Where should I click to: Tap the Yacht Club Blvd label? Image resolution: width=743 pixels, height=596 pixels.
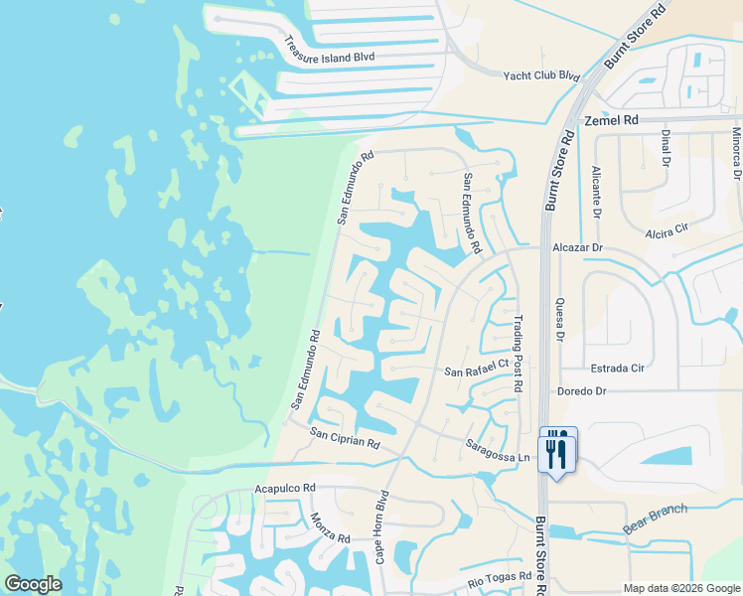click(x=541, y=75)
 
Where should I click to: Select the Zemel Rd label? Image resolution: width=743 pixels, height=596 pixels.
click(x=610, y=119)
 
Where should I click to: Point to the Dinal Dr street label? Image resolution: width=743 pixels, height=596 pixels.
click(x=694, y=146)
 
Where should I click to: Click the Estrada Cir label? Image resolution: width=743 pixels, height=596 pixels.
click(x=618, y=368)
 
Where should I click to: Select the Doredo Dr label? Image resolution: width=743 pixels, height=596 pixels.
click(x=582, y=391)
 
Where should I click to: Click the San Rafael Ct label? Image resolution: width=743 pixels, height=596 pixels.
click(x=476, y=372)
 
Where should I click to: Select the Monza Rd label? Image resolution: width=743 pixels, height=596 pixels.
click(x=330, y=525)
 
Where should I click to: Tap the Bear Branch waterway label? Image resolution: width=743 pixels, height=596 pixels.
click(x=655, y=518)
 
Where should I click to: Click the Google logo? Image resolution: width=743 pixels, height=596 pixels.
click(x=33, y=584)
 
